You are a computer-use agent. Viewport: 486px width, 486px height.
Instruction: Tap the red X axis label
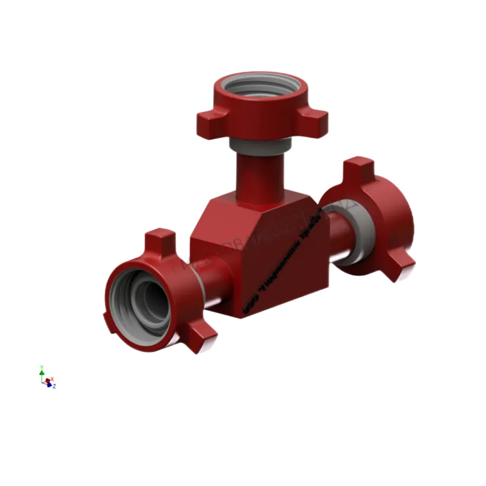tap(52, 379)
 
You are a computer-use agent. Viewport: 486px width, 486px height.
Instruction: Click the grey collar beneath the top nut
tap(261, 145)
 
